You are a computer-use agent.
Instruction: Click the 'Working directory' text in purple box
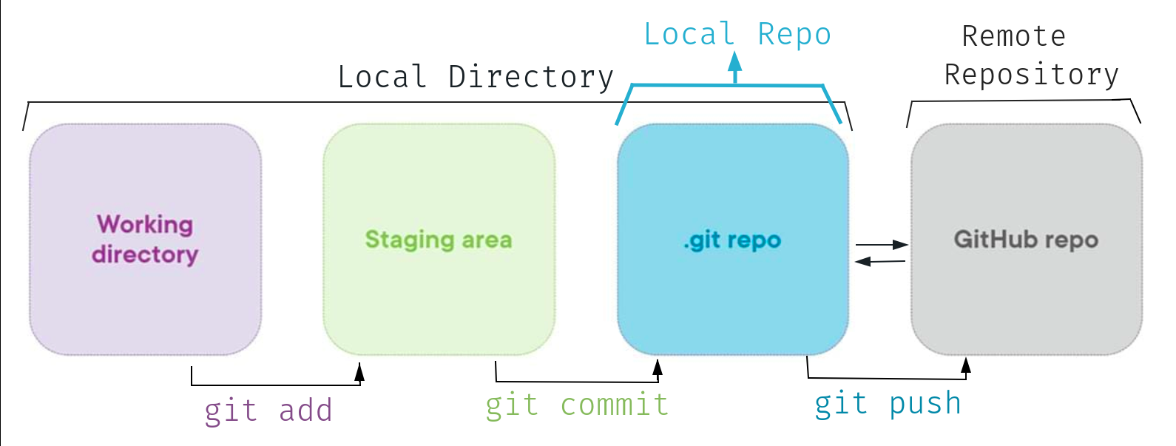145,239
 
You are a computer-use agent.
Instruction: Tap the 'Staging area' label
438,240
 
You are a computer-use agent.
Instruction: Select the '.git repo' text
732,240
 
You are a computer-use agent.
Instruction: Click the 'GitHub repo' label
1026,240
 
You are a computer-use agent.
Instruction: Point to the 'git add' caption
268,410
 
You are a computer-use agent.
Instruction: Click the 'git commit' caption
577,405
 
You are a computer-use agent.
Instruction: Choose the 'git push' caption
888,404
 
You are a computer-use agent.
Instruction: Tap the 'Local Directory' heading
476,77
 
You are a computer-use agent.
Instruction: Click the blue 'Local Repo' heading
737,35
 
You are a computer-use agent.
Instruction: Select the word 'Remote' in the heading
1013,36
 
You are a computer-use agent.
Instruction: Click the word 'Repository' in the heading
1032,75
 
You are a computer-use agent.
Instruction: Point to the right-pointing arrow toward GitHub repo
899,245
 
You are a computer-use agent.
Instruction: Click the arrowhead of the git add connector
359,372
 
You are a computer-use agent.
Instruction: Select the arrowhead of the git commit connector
657,368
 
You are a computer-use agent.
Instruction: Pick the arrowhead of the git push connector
965,365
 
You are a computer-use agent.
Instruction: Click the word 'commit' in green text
614,405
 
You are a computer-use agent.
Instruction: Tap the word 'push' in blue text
925,404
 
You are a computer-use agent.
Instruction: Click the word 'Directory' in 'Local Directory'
531,77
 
